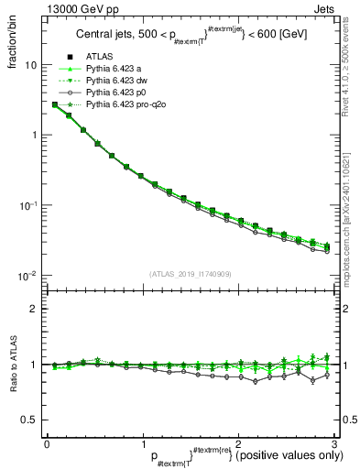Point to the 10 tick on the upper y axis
pyautogui.click(x=30, y=65)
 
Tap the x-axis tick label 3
pyautogui.click(x=334, y=442)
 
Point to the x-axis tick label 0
pyautogui.click(x=47, y=442)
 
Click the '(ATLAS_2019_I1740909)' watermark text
pyautogui.click(x=190, y=273)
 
